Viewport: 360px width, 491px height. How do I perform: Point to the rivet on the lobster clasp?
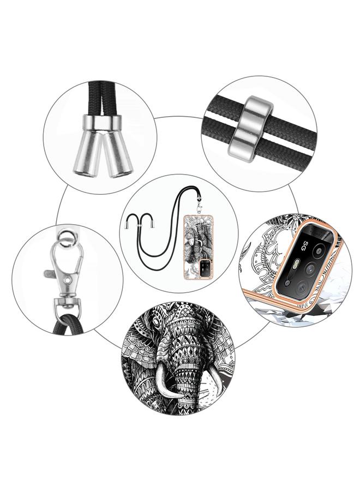pyautogui.click(x=67, y=278)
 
